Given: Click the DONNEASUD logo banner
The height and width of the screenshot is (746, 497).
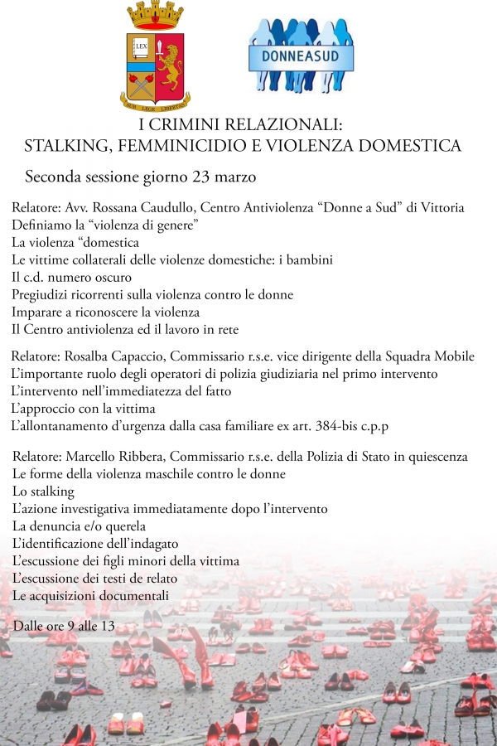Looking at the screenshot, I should click(302, 58).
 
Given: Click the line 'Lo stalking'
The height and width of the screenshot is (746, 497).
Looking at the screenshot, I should click(43, 492).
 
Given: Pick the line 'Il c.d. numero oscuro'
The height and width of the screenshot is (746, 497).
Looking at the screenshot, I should click(71, 277).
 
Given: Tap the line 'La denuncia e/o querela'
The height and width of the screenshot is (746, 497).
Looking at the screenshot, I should click(79, 526).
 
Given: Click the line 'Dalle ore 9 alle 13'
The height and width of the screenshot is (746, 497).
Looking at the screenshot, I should click(63, 625).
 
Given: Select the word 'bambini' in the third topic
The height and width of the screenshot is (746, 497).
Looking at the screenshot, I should click(310, 259).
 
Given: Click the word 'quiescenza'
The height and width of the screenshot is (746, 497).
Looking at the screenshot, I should click(436, 457).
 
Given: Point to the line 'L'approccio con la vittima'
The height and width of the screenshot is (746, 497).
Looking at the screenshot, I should click(83, 409).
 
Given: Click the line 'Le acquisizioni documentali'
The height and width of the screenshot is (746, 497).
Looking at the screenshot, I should click(90, 595).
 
